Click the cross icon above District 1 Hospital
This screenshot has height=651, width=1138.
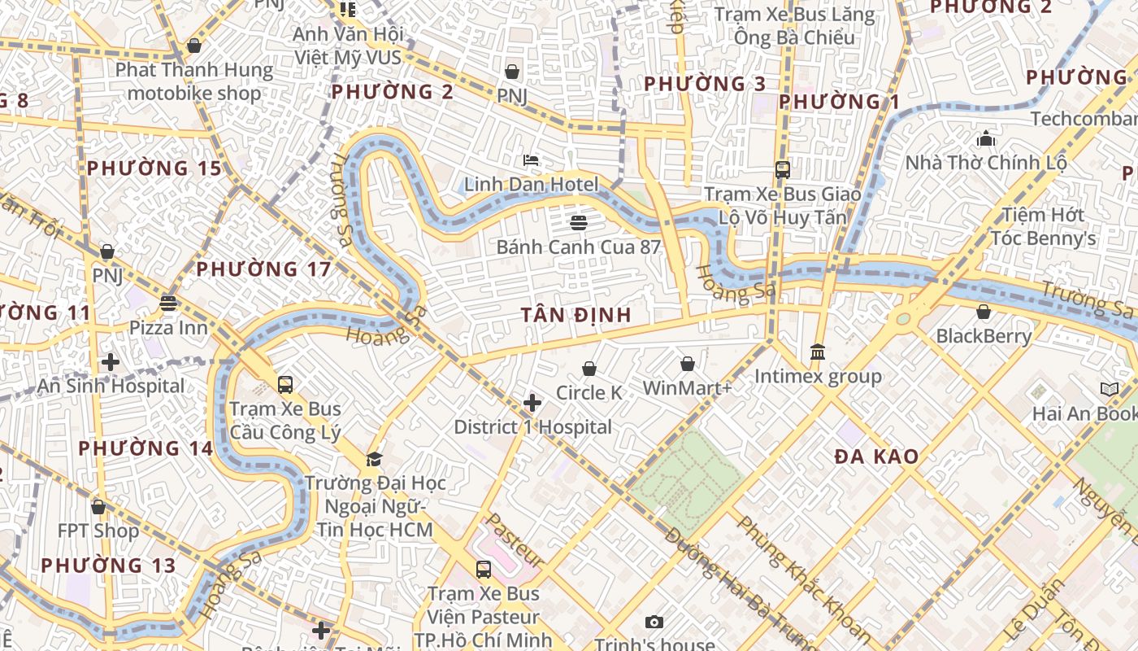point(532,403)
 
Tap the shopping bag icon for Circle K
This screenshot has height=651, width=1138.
point(589,369)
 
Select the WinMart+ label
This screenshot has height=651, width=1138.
point(687,388)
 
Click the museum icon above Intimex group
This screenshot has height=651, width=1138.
point(818,352)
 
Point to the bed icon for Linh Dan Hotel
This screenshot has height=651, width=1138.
point(531,160)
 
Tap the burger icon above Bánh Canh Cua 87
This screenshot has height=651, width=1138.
point(579,222)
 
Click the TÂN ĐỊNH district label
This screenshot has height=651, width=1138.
point(576,315)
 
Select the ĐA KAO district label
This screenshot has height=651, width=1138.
point(876,457)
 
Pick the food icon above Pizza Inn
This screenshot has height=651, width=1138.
point(168,304)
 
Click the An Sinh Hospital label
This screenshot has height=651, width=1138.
point(111,386)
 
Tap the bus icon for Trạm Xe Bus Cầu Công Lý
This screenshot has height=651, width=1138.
point(284,384)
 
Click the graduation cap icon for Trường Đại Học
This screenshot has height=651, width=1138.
point(374,460)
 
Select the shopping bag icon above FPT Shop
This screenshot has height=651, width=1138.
point(98,507)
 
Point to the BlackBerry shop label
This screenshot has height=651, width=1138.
point(984,335)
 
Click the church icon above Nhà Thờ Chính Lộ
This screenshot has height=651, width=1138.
point(986,138)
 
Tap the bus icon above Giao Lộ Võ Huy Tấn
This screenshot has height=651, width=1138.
point(782,169)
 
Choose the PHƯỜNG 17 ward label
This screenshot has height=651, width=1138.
point(263,269)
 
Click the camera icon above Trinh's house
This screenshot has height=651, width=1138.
point(654,623)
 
